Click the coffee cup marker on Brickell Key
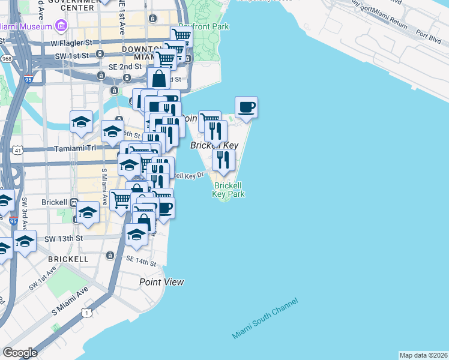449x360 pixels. (246, 108)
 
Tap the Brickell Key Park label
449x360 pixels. (229, 190)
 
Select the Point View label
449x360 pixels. (161, 282)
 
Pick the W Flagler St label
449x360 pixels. (71, 43)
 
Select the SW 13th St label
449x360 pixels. (63, 239)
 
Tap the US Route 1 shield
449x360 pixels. (88, 313)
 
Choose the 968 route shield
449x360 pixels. (7, 59)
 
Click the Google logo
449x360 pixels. (20, 353)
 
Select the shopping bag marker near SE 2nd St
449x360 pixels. (159, 79)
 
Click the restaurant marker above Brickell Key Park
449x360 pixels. (223, 160)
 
